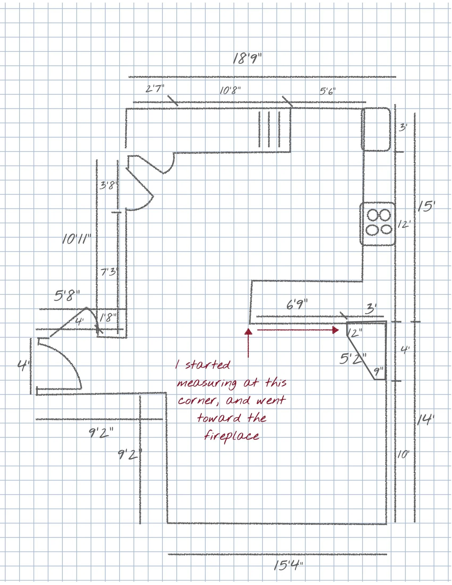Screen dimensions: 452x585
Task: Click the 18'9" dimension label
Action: (x=247, y=59)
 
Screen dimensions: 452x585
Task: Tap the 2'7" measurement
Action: (x=155, y=88)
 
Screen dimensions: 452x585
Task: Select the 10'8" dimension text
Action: (x=230, y=91)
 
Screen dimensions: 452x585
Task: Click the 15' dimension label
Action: (x=426, y=206)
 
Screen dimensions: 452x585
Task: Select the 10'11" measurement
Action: (x=77, y=239)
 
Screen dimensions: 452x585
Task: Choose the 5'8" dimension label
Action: (x=67, y=296)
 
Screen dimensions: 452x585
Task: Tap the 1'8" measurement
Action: (x=108, y=318)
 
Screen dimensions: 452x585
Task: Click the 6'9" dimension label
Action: (x=297, y=305)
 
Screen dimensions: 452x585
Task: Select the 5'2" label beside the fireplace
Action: (x=352, y=359)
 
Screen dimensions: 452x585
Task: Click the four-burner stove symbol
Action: (x=378, y=224)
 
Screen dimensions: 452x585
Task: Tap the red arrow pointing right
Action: (x=297, y=330)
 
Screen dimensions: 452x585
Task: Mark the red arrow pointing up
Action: (x=248, y=343)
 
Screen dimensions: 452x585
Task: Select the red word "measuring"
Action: (x=206, y=383)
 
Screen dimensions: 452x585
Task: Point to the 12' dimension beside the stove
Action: (x=404, y=224)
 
